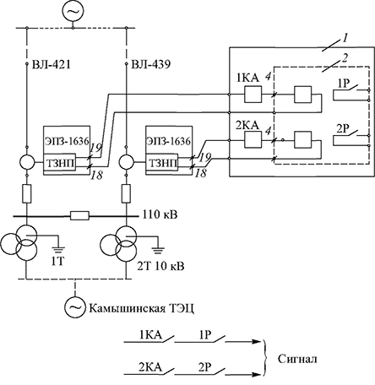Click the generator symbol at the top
[x=73, y=11]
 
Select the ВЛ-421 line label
[x=51, y=65]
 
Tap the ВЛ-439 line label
[x=151, y=65]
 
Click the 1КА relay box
[x=253, y=95]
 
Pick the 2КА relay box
[x=253, y=139]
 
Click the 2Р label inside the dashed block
[x=344, y=129]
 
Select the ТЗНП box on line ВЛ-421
[x=59, y=162]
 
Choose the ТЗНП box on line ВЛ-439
[x=161, y=162]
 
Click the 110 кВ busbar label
[x=160, y=214]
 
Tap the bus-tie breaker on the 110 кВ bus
[x=79, y=216]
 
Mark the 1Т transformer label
[x=57, y=262]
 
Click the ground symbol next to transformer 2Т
[x=159, y=248]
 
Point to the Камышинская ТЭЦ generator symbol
[x=75, y=307]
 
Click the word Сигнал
[x=297, y=359]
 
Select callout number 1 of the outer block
[x=345, y=38]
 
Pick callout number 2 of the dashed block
[x=345, y=58]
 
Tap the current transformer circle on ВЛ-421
[x=27, y=162]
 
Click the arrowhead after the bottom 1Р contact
[x=257, y=342]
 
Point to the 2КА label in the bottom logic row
[x=150, y=367]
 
